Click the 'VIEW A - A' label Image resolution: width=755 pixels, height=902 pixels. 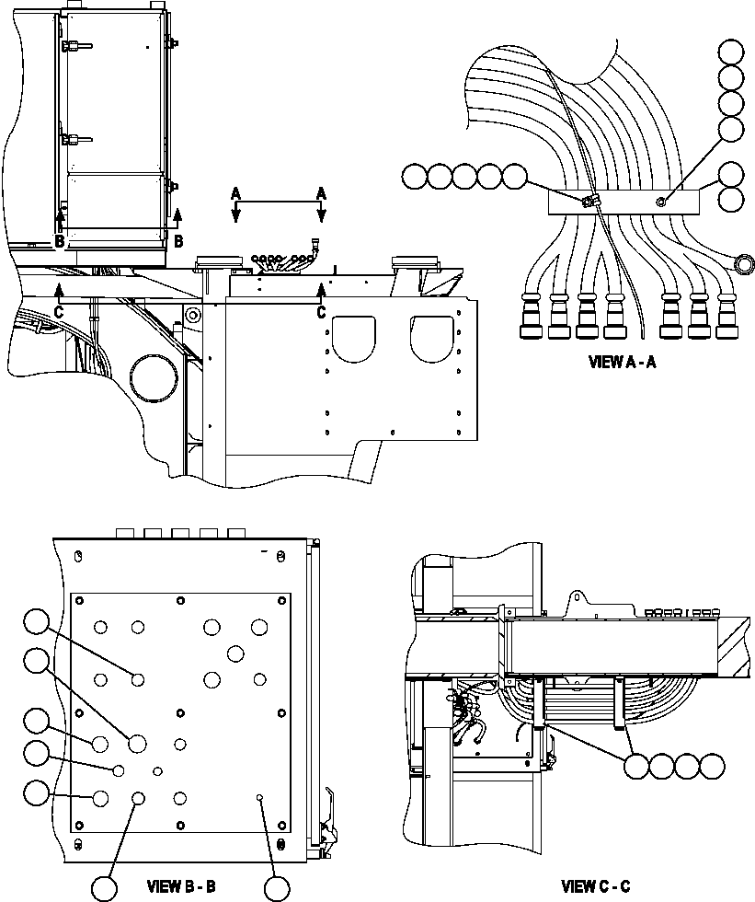click(x=622, y=362)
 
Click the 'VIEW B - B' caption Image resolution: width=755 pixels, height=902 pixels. click(x=181, y=887)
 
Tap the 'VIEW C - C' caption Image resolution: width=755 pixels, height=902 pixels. click(x=596, y=887)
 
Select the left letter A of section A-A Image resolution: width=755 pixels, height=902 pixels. click(x=235, y=192)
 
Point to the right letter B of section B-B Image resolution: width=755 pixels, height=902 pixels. click(x=177, y=241)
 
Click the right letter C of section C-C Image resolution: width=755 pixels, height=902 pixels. click(x=321, y=313)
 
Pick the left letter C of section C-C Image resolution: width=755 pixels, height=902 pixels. click(x=60, y=313)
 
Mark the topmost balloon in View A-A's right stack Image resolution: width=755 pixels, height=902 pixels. click(x=731, y=52)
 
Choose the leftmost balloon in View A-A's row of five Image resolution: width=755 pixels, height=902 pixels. click(x=415, y=175)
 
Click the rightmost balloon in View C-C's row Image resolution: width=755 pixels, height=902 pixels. click(x=712, y=766)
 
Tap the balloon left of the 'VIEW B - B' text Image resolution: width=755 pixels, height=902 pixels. click(x=104, y=887)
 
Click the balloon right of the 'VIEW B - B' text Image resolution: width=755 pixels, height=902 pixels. click(x=277, y=887)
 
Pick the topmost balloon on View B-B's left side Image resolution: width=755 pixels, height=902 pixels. click(x=37, y=622)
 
